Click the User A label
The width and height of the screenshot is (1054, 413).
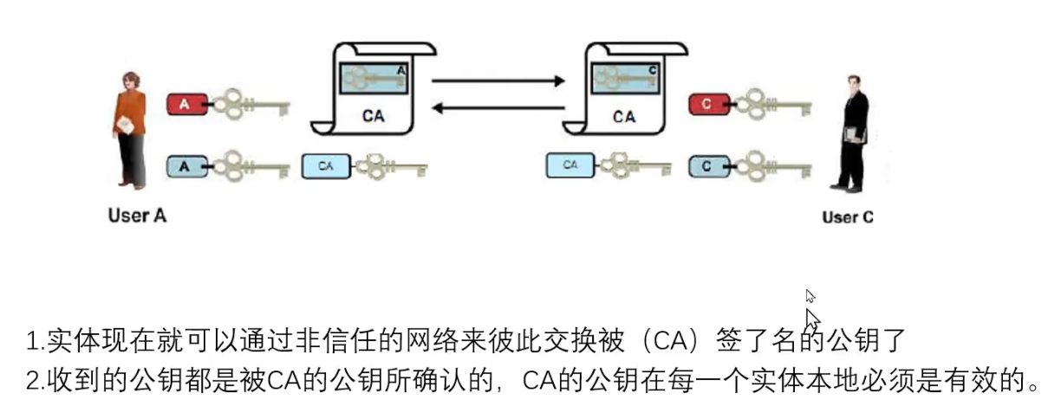(x=136, y=216)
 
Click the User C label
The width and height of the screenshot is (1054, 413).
(x=847, y=216)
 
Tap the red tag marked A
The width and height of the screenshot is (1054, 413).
(x=185, y=105)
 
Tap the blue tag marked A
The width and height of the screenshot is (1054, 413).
(x=185, y=165)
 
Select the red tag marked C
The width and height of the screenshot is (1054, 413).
(x=707, y=105)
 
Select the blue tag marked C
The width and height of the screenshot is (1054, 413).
(x=707, y=165)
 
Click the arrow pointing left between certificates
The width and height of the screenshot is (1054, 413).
(x=498, y=107)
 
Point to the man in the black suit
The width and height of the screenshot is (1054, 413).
(x=850, y=134)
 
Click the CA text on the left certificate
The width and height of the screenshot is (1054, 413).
(x=374, y=115)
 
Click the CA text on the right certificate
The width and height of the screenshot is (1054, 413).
(x=623, y=115)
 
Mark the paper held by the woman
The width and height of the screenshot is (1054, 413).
(x=127, y=126)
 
